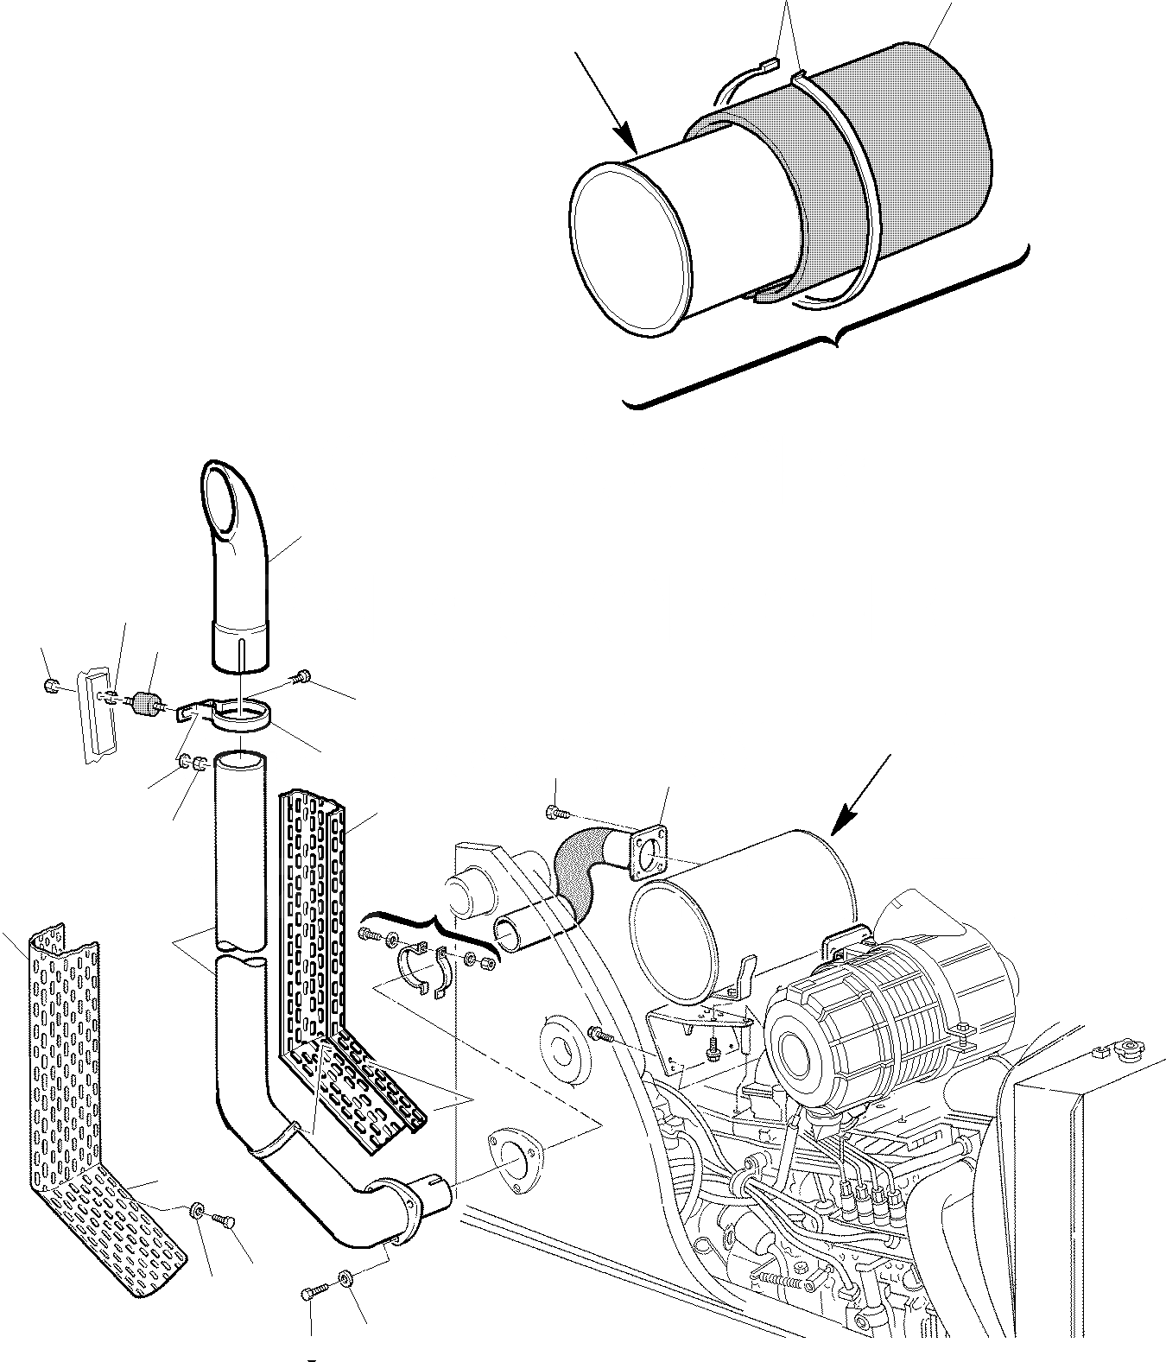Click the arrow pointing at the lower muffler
tap(860, 795)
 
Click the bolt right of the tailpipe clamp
tap(302, 676)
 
